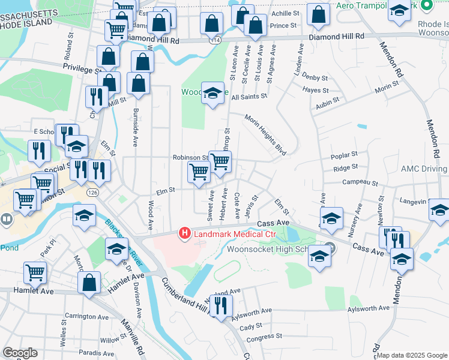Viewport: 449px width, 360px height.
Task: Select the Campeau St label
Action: [x=360, y=182]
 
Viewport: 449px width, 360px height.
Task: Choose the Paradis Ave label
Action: [x=96, y=353]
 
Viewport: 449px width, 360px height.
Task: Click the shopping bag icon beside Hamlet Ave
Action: [x=89, y=283]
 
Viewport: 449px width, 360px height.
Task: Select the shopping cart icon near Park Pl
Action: [x=35, y=272]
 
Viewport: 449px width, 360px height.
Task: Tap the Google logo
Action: [x=19, y=353]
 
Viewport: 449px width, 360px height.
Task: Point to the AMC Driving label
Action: [x=425, y=169]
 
